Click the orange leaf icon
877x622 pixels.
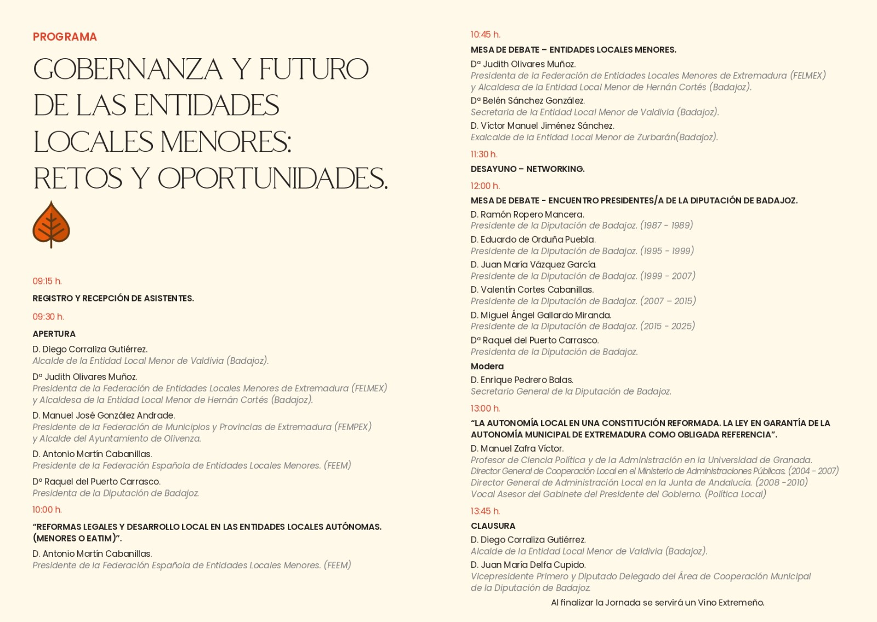(51, 224)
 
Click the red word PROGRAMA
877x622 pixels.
(65, 37)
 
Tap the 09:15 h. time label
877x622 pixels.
(47, 281)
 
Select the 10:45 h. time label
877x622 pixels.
(486, 35)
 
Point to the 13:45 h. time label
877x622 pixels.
(485, 511)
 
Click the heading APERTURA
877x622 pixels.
(54, 334)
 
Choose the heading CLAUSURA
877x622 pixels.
(493, 526)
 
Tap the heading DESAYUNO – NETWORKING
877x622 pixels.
(527, 169)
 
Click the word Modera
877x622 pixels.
(487, 366)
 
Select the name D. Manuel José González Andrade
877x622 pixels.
(104, 415)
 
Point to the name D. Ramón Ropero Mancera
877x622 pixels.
(527, 214)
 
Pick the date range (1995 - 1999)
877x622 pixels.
(667, 251)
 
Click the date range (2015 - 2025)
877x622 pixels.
(667, 326)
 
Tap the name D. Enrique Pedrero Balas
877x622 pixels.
(522, 380)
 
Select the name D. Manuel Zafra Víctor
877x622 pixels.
(517, 448)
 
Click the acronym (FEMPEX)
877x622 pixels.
(353, 427)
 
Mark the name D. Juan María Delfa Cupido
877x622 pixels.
(528, 564)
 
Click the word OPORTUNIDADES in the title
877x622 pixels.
(272, 178)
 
